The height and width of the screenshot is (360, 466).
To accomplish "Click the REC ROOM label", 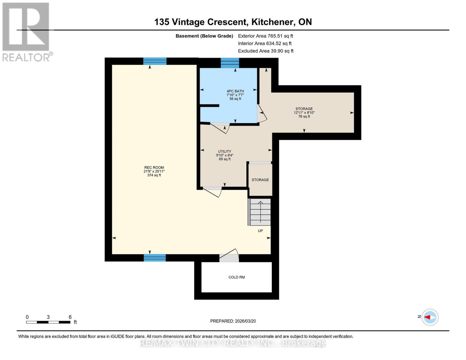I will (154, 168).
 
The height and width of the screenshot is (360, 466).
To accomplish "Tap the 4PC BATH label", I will (235, 91).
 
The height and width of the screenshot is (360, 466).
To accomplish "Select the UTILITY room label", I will (224, 151).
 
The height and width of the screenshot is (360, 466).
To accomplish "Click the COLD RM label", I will (236, 277).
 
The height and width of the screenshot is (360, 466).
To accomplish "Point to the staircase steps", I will (260, 212).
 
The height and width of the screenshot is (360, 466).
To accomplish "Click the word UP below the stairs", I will (260, 231).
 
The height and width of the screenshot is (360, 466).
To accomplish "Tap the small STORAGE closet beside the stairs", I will (260, 180).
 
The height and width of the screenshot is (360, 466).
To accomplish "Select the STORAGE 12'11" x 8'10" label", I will (304, 112).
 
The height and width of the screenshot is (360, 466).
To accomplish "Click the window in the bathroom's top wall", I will (230, 63).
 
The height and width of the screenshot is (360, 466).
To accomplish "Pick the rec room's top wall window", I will (155, 61).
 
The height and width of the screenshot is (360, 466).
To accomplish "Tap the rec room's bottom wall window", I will (155, 258).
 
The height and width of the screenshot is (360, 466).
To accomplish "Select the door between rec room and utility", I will (212, 191).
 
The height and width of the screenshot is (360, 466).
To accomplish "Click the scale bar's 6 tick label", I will (70, 317).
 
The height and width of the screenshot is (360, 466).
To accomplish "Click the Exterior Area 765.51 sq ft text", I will (265, 36).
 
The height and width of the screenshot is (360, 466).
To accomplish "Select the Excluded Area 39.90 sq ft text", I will (266, 51).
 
